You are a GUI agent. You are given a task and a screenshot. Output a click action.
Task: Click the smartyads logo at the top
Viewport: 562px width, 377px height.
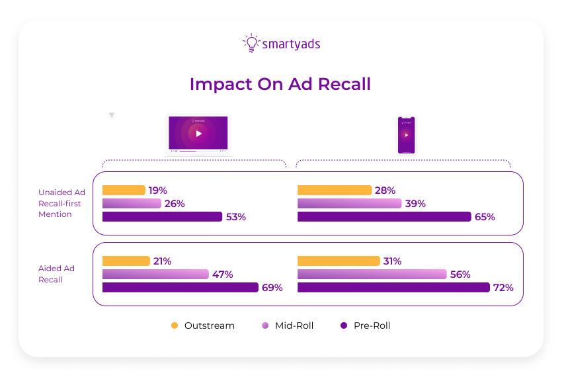click(281, 44)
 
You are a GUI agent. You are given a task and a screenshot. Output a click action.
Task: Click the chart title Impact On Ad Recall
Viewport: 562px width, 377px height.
click(280, 85)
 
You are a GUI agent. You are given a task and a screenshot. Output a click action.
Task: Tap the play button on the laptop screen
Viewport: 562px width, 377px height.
click(198, 133)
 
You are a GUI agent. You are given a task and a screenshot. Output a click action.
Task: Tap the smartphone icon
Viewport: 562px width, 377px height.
click(406, 135)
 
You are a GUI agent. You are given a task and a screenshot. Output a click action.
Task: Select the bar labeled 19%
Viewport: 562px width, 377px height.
click(124, 190)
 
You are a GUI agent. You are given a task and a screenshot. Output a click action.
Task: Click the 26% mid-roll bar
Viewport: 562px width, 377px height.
click(132, 204)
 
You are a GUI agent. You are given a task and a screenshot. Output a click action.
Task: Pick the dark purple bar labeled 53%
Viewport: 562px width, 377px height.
click(162, 217)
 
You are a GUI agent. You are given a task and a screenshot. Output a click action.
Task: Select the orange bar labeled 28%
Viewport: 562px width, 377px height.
click(335, 190)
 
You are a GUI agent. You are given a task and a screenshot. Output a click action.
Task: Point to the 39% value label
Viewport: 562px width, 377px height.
click(415, 204)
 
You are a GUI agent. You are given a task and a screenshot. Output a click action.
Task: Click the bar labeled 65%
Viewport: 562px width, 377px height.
click(384, 217)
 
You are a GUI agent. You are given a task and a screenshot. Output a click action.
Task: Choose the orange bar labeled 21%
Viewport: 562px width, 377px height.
click(126, 261)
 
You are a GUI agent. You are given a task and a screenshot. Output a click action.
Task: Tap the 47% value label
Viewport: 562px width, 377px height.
click(222, 274)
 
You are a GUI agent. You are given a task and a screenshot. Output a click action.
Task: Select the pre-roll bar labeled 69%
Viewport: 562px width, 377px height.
click(180, 288)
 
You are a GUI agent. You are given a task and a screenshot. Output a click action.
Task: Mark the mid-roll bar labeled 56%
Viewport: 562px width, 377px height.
click(372, 274)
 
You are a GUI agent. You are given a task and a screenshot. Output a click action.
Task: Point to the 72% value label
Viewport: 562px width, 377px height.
click(503, 288)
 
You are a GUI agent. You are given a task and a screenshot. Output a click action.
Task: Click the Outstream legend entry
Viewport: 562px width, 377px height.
click(202, 325)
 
